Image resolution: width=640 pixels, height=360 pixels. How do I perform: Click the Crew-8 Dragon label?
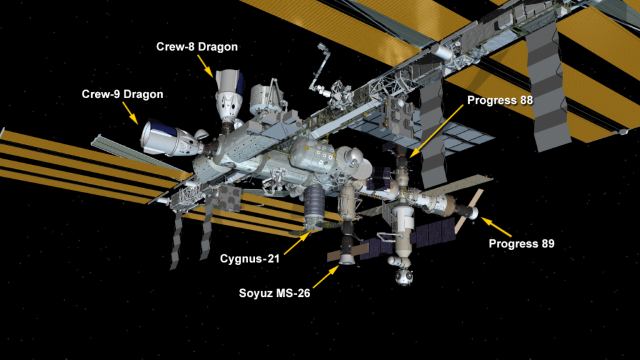pyautogui.click(x=197, y=47)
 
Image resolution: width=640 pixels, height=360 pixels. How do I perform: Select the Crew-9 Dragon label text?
pyautogui.click(x=122, y=94)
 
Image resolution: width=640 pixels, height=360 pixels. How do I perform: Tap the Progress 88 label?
pyautogui.click(x=500, y=101)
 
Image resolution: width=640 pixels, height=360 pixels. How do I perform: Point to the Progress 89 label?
pyautogui.click(x=522, y=244)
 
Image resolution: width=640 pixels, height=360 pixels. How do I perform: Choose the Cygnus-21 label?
pyautogui.click(x=250, y=259)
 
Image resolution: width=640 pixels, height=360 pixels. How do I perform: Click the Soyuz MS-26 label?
pyautogui.click(x=275, y=293)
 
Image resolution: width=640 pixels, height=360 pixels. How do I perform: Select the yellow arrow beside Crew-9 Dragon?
pyautogui.click(x=131, y=113)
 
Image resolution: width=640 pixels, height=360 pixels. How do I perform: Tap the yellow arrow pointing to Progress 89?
pyautogui.click(x=496, y=227)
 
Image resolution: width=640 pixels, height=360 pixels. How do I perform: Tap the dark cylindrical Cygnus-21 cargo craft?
pyautogui.click(x=314, y=206)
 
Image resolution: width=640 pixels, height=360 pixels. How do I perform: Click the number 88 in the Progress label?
pyautogui.click(x=526, y=101)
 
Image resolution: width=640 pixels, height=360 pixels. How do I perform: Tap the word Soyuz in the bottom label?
pyautogui.click(x=251, y=293)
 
